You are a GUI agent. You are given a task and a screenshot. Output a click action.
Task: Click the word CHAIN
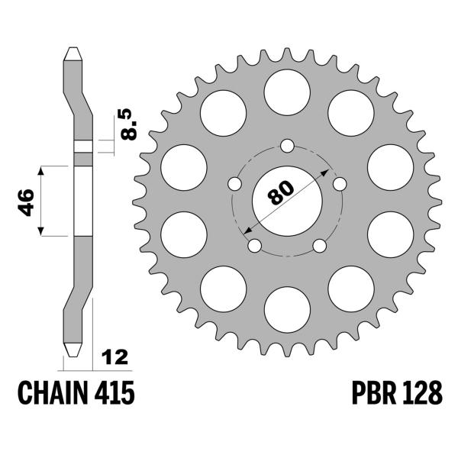pos(53,392)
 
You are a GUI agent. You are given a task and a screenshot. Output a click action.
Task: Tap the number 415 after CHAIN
pos(114,392)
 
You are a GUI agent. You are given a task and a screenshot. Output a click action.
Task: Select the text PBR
pos(374,392)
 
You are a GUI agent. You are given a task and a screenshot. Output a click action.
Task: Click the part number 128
pos(422,392)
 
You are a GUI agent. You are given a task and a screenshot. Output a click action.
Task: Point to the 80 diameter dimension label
pos(281,192)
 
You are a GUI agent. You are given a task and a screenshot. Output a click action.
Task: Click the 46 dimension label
pos(26,202)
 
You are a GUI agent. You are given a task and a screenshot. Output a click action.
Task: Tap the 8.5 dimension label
pos(128,124)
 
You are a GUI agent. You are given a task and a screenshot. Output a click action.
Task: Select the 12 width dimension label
pos(114,357)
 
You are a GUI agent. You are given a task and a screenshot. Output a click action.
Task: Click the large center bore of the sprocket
pos(287,201)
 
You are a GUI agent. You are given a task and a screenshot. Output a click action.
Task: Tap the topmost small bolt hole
pos(287,146)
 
